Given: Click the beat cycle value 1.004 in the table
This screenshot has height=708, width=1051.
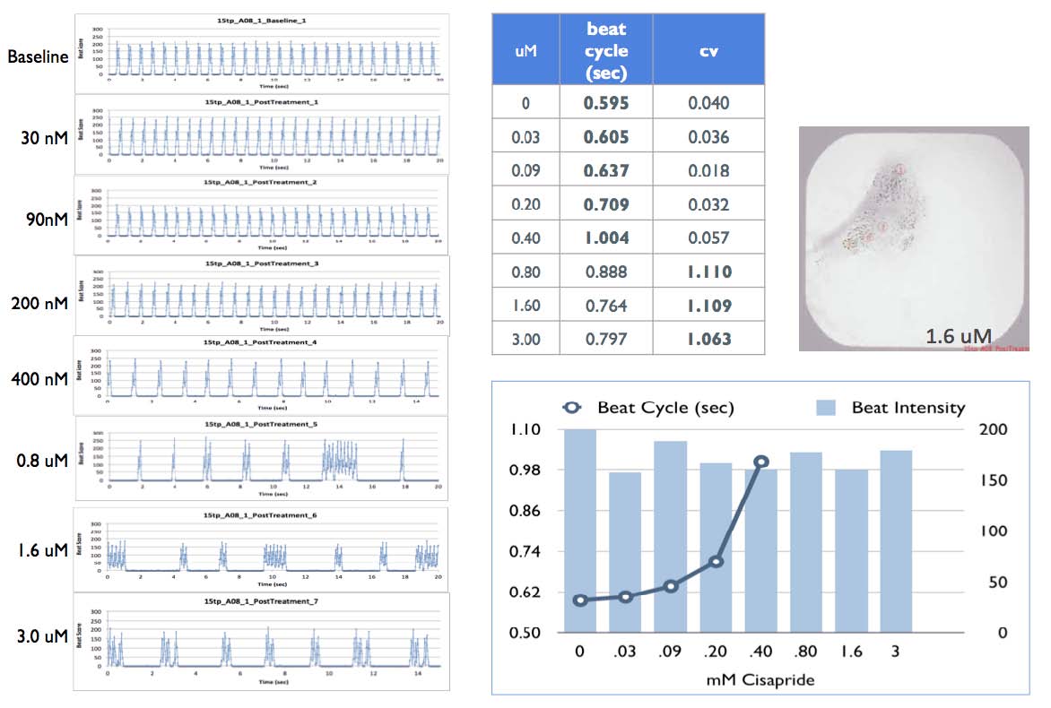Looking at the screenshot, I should (606, 237).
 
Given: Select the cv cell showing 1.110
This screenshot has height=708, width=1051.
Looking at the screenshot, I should (708, 272).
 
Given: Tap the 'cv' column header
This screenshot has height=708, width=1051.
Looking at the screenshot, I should (708, 51).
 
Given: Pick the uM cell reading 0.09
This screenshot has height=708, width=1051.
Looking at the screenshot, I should (525, 170).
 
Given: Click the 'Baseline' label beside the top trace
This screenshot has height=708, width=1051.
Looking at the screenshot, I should (38, 56).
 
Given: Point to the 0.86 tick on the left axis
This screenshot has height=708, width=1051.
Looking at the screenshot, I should (526, 511).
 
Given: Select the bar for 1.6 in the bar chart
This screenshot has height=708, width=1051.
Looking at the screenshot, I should (851, 550).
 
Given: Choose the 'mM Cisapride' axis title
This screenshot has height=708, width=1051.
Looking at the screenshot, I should (760, 679).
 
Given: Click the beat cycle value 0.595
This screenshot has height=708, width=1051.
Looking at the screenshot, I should (606, 102).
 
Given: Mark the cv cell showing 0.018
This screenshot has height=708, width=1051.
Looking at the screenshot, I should (708, 170).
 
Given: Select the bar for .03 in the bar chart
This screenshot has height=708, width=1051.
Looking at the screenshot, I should (625, 551).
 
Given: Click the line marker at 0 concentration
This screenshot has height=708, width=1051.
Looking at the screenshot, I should (580, 600).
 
